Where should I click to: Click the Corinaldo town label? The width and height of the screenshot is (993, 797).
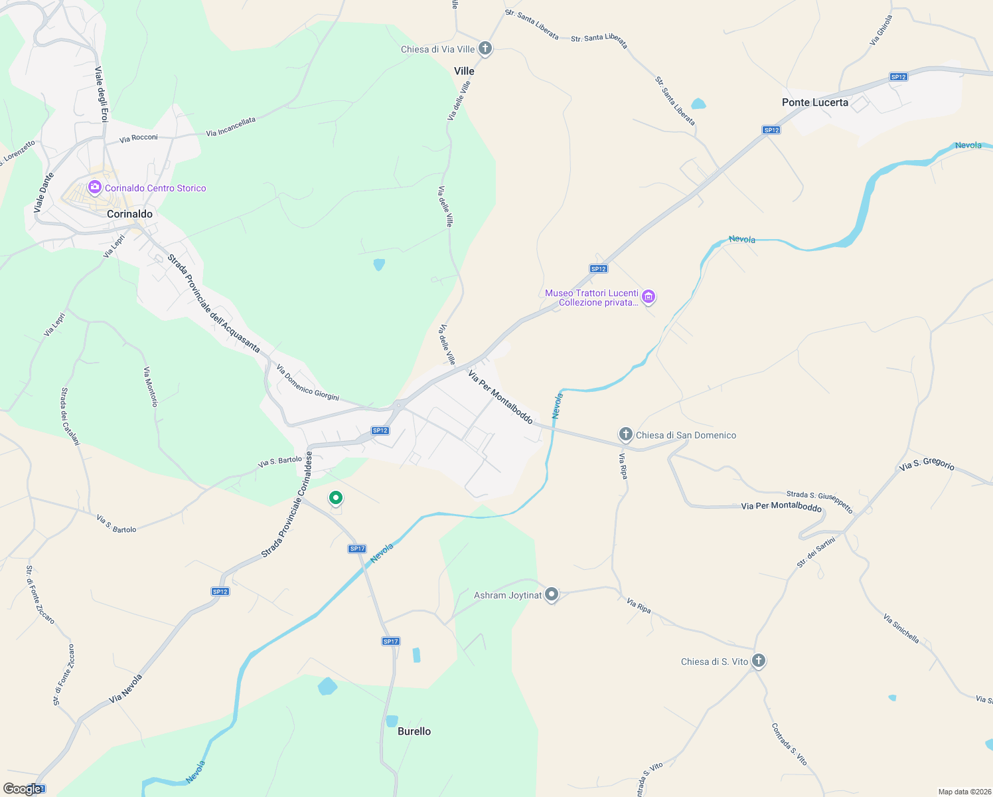tap(129, 214)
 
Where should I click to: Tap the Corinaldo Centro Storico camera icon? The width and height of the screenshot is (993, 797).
tap(94, 188)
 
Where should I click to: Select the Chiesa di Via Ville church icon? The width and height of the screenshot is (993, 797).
tap(485, 48)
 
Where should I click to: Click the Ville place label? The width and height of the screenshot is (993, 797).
tap(464, 71)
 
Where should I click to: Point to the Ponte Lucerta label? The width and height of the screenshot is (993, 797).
tap(814, 102)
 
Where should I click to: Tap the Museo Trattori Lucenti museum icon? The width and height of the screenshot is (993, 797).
tap(649, 297)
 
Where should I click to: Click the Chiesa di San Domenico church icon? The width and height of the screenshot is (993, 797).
tap(625, 435)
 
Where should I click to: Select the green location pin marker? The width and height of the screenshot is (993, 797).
tap(336, 497)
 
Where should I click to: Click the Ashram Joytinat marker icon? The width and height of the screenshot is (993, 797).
tap(552, 594)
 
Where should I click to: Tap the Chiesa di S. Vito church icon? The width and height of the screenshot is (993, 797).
tap(759, 661)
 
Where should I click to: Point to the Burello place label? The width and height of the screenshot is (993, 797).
tap(414, 731)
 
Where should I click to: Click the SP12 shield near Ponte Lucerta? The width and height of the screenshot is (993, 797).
tap(898, 77)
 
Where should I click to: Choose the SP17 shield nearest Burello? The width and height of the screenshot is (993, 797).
tap(391, 641)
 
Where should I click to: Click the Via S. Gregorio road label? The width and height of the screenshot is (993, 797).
tap(927, 463)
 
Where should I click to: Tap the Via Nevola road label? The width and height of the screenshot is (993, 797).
tap(125, 689)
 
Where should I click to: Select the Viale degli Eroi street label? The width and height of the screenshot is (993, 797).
tap(101, 94)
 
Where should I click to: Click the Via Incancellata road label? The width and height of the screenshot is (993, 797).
tap(230, 128)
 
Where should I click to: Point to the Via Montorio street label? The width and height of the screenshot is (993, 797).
tap(151, 387)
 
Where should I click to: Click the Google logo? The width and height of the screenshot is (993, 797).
tap(22, 789)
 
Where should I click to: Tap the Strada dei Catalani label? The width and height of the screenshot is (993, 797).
tap(70, 416)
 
